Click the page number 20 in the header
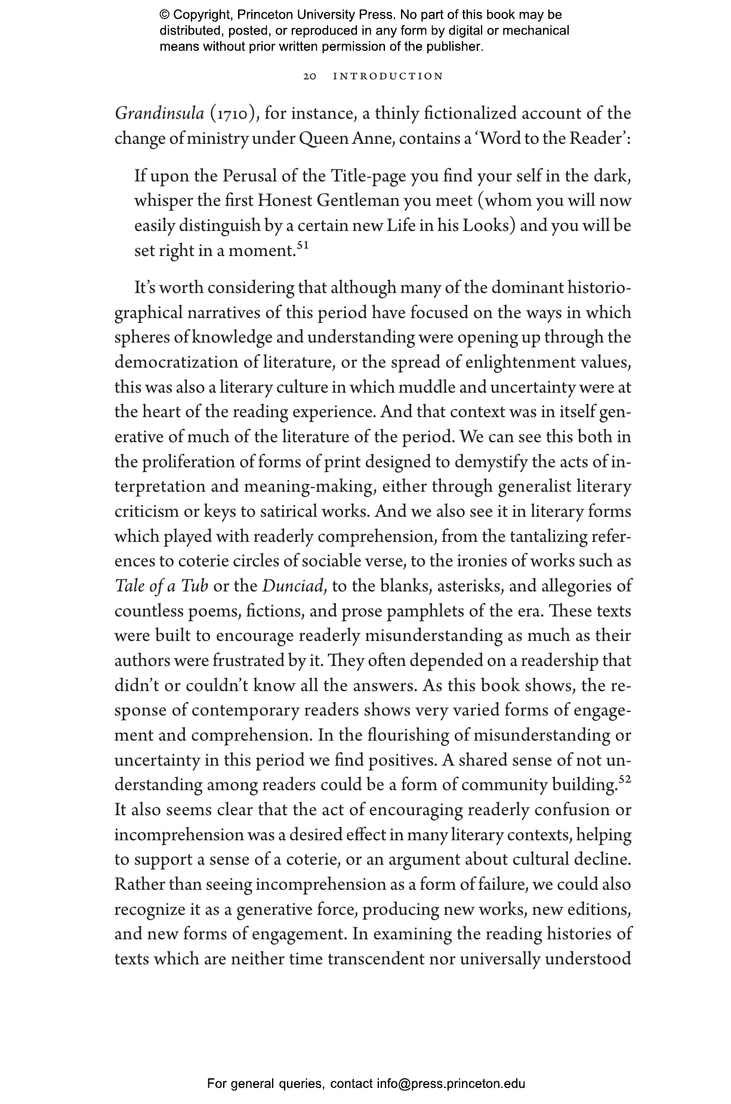[310, 76]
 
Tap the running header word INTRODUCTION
[388, 76]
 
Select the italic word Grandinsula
[159, 113]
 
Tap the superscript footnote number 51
[302, 245]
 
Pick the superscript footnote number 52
[625, 779]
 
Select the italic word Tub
[195, 586]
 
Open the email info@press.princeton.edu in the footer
[451, 1084]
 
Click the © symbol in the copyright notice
[165, 15]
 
